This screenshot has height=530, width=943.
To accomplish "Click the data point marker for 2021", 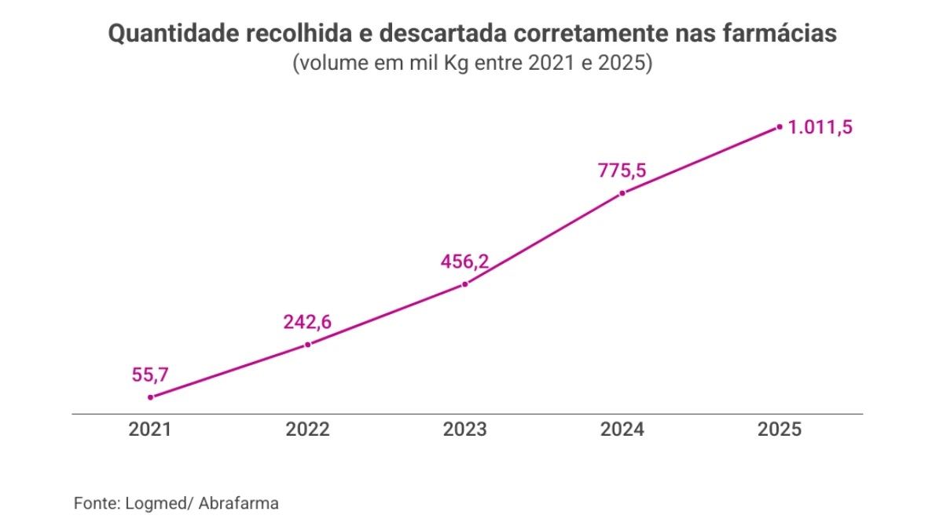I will pyautogui.click(x=151, y=397).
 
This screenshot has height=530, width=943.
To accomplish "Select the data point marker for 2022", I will pyautogui.click(x=308, y=344).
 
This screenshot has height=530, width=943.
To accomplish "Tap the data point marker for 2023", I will pyautogui.click(x=465, y=283).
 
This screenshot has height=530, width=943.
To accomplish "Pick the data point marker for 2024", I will pyautogui.click(x=622, y=192).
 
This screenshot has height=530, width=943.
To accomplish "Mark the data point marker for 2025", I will pyautogui.click(x=780, y=126).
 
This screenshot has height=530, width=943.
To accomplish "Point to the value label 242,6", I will pyautogui.click(x=307, y=322).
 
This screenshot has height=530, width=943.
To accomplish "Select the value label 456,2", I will pyautogui.click(x=464, y=261).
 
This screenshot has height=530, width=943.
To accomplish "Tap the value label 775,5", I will pyautogui.click(x=622, y=170).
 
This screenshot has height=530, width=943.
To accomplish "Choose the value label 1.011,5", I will pyautogui.click(x=820, y=127).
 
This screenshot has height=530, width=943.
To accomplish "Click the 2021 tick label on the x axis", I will pyautogui.click(x=151, y=429).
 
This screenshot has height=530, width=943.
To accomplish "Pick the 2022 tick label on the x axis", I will pyautogui.click(x=308, y=429).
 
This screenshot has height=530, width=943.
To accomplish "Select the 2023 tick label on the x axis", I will pyautogui.click(x=465, y=429).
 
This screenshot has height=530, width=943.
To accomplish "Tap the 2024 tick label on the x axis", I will pyautogui.click(x=622, y=429).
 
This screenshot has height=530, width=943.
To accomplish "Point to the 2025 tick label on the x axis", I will pyautogui.click(x=780, y=429).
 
